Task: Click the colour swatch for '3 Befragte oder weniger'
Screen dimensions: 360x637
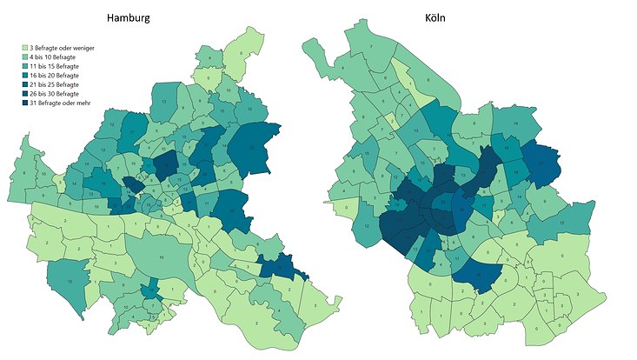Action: click(x=24, y=48)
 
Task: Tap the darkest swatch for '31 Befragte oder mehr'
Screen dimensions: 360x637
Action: click(x=24, y=104)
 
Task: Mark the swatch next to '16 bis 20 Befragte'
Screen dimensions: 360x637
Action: click(x=24, y=76)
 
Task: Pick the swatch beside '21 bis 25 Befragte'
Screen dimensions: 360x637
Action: click(x=24, y=85)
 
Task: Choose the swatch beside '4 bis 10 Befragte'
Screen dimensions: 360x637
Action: click(x=24, y=57)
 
